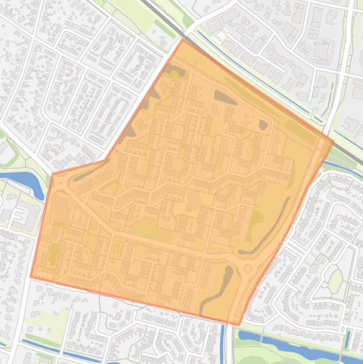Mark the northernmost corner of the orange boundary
pyautogui.click(x=183, y=40)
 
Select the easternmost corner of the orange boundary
pyautogui.click(x=333, y=141)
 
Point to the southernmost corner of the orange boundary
pyautogui.click(x=239, y=325)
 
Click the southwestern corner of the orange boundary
pyautogui.click(x=31, y=277)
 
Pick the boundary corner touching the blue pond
pyautogui.click(x=52, y=174)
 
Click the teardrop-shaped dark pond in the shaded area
pyautogui.click(x=263, y=125)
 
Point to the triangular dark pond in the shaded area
pyautogui.click(x=225, y=97)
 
